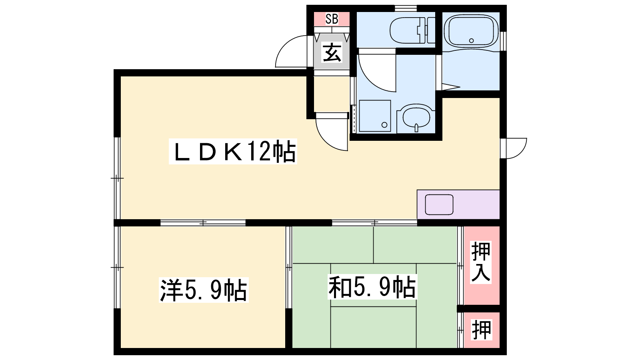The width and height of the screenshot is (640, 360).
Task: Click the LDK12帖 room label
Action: click(x=233, y=151)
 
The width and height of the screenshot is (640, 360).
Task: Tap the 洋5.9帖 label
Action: click(x=204, y=290)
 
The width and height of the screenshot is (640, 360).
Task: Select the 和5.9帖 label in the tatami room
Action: click(x=372, y=287)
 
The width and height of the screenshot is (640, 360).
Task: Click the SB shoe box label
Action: click(x=332, y=19)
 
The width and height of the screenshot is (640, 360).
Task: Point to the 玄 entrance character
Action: click(x=332, y=52)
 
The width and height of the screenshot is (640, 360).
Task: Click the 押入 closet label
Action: click(x=481, y=262)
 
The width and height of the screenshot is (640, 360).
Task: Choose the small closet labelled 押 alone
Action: click(x=482, y=330)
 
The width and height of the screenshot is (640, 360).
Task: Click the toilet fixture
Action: click(x=412, y=30)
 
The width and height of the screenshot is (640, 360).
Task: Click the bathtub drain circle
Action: click(x=472, y=40)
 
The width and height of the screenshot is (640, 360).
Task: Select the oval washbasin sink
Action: click(x=416, y=118)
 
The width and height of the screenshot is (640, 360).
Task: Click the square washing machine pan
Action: click(x=375, y=116)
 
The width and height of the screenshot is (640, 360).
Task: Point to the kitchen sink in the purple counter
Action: click(x=439, y=204)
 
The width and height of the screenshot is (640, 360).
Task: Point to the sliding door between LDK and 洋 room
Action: click(x=203, y=222)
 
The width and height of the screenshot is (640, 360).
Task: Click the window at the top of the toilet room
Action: click(x=406, y=8)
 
